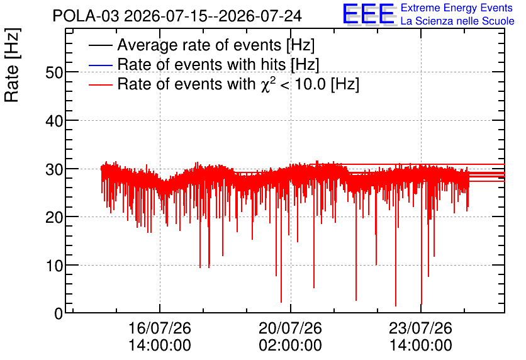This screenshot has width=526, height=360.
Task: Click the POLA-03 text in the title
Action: point(86,16)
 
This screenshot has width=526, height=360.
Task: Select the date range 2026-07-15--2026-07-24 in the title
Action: point(213,16)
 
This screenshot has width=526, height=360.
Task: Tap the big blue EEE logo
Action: point(369,14)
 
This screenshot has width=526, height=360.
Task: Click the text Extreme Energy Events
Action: point(457,8)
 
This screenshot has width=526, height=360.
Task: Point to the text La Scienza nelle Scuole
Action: point(457,21)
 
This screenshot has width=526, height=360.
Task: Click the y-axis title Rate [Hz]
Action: point(12,65)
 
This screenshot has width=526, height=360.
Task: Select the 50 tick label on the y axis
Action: point(54,72)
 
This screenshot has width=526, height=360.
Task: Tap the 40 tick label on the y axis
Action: point(54,121)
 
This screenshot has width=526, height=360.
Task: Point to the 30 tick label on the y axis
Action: point(54,169)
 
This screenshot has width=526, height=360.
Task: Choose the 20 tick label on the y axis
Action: point(54,217)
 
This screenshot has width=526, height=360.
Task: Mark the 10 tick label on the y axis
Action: point(54,266)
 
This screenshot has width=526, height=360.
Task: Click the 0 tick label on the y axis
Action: point(59,314)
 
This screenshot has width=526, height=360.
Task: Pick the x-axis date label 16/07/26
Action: point(160,328)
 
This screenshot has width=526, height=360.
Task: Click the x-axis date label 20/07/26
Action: point(290,328)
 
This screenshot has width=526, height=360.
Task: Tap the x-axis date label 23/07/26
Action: point(421,328)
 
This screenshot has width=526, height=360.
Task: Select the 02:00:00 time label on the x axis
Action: point(290,346)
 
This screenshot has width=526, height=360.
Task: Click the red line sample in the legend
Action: point(100,85)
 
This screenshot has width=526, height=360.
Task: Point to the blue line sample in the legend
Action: point(100,65)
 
